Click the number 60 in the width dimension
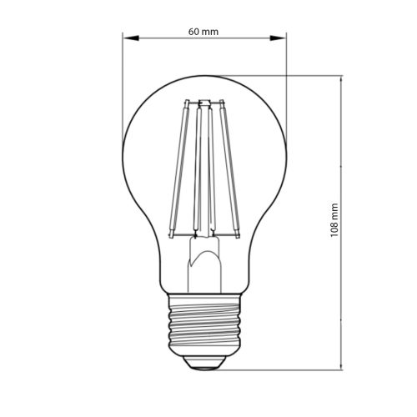[193, 32]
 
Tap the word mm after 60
[211, 32]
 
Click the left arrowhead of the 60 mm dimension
[127, 38]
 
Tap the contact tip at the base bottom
[204, 364]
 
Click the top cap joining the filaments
[203, 102]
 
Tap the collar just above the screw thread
[204, 301]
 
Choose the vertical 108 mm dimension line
[342, 150]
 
